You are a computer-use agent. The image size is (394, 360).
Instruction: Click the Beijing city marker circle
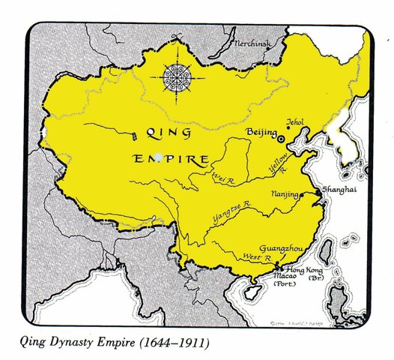coord(282,138)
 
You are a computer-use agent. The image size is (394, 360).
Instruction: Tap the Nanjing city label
coord(282,193)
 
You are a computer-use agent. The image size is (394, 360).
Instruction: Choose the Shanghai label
coord(338,190)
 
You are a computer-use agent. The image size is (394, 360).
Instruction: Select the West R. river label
coord(253,258)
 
